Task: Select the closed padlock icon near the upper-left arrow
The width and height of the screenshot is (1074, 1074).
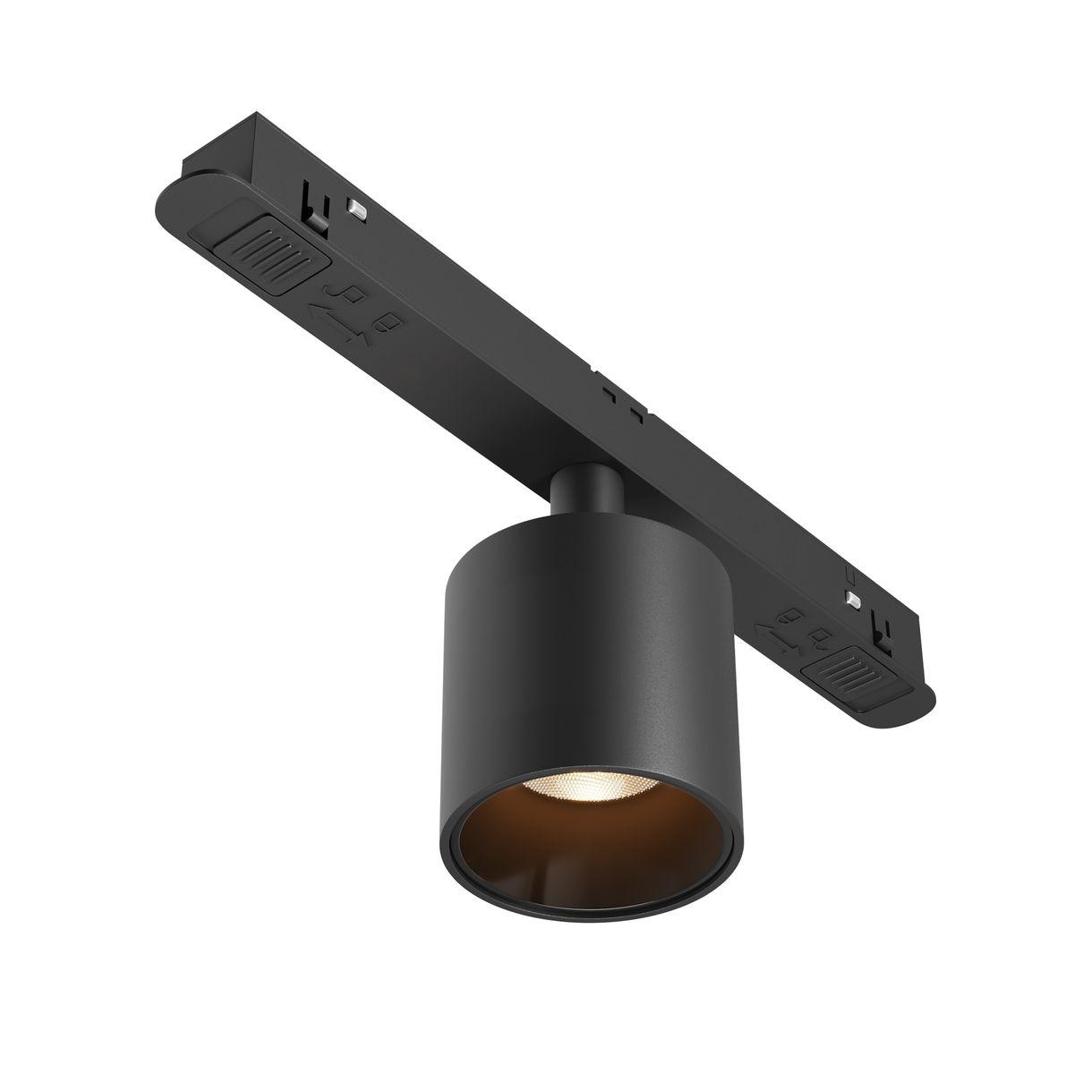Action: (390, 323)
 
